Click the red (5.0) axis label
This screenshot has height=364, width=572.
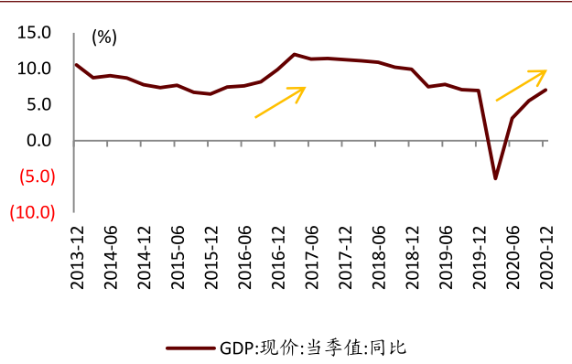(32, 177)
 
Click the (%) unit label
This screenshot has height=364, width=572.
(104, 37)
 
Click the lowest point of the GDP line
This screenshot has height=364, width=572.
(495, 177)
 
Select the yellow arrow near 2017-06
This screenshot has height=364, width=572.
(279, 102)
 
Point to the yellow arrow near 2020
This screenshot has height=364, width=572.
(521, 85)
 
